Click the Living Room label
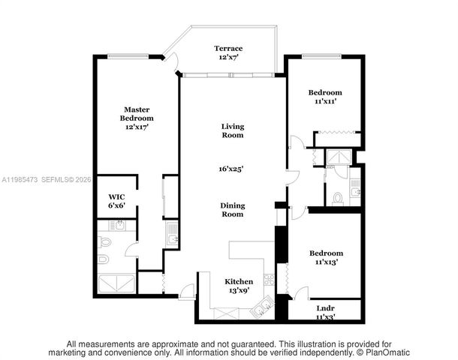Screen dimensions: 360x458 point(232,130)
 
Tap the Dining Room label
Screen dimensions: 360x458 point(232,209)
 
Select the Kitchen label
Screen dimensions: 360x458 point(239,281)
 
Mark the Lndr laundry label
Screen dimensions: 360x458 point(325,308)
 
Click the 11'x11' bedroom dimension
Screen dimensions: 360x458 point(325,101)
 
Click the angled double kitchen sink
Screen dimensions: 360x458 point(262,304)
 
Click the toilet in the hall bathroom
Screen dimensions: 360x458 point(337,198)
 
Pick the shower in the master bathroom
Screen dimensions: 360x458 point(116,284)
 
